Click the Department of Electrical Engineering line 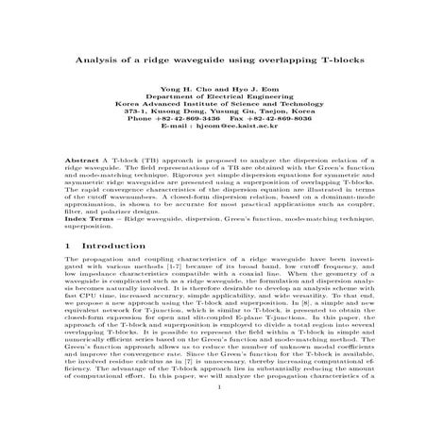tap(213, 100)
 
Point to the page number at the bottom tap(213, 413)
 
